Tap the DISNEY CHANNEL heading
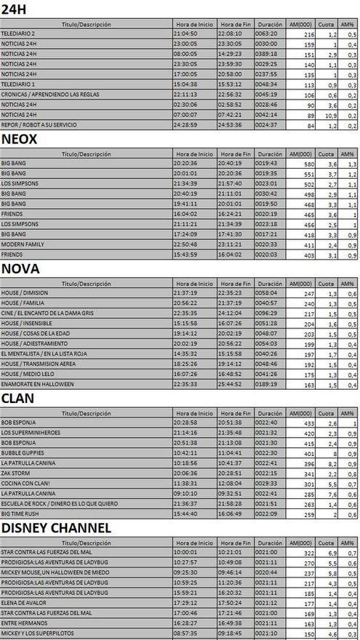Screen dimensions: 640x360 click(x=56, y=527)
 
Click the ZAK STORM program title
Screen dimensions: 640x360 click(x=17, y=473)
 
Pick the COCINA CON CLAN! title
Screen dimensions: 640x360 click(x=25, y=482)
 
